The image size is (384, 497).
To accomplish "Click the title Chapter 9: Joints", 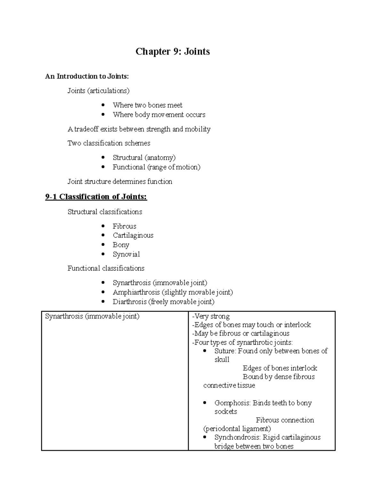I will (x=172, y=52).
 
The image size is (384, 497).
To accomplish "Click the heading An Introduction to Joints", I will (x=87, y=76).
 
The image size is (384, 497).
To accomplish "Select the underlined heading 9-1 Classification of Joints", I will (x=96, y=196).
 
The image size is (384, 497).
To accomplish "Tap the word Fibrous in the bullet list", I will (x=124, y=226).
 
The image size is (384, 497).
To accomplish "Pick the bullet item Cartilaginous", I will (x=133, y=236).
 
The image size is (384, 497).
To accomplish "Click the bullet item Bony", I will (x=121, y=245).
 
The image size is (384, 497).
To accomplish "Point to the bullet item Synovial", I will (x=126, y=254).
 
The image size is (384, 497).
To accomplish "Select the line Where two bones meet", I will (x=147, y=105).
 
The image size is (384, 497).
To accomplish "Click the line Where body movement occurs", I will (x=159, y=115).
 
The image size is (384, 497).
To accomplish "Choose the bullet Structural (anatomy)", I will (x=144, y=157).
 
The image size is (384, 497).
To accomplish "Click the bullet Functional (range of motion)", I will (x=156, y=167).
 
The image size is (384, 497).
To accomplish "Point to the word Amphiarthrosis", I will (x=136, y=292).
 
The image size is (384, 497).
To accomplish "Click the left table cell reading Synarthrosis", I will (x=92, y=317).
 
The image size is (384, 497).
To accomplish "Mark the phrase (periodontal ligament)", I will (x=237, y=429).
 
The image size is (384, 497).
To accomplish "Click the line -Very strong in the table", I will (x=211, y=317).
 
